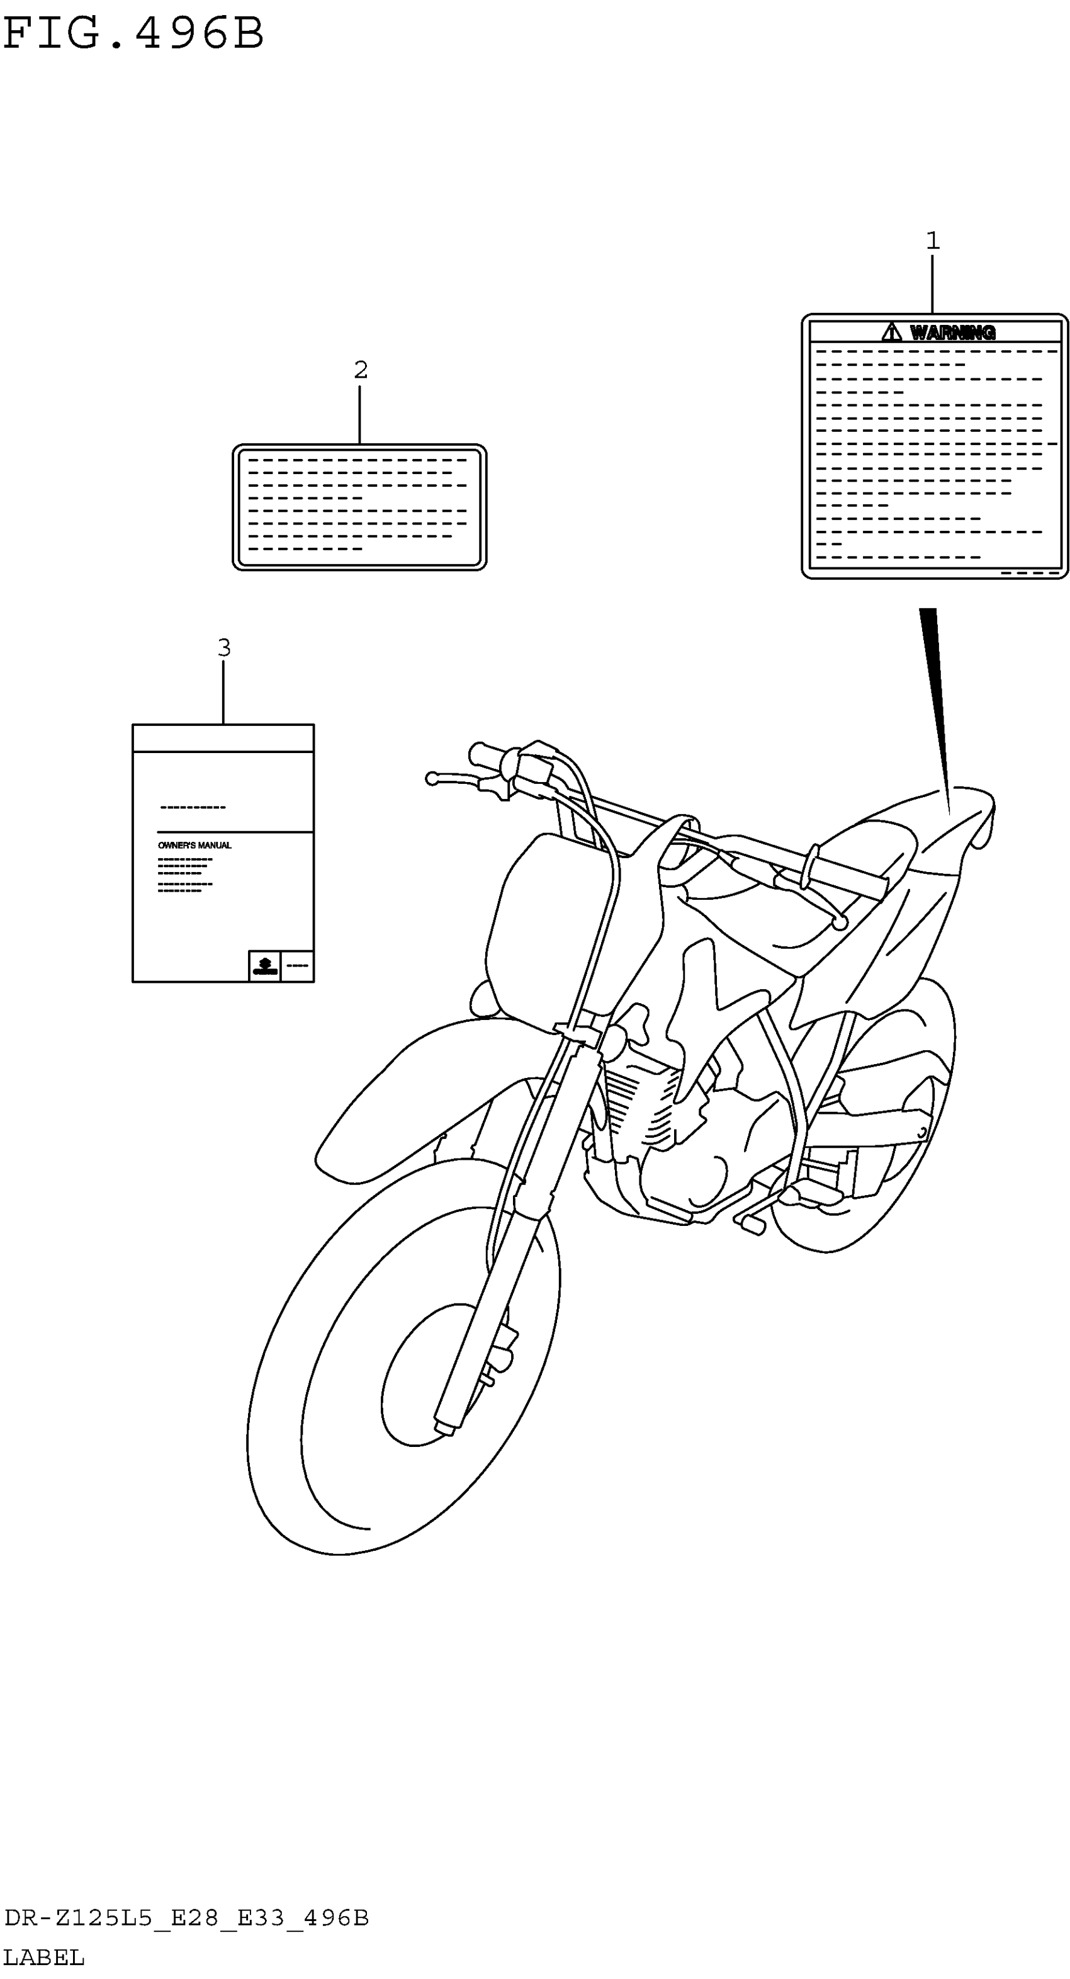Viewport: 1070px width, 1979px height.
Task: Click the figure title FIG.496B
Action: (133, 34)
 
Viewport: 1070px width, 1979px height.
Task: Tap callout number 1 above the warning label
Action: (933, 241)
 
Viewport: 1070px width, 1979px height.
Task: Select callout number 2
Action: (360, 370)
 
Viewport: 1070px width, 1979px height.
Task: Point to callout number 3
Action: (223, 648)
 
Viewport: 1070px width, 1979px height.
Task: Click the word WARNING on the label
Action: (952, 332)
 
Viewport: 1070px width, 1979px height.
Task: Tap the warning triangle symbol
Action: (891, 332)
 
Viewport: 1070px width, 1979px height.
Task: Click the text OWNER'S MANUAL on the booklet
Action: (194, 845)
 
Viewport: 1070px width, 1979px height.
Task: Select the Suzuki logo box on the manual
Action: (264, 966)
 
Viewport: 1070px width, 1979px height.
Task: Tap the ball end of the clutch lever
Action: (432, 779)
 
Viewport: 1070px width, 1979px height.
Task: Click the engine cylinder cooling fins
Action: (638, 1099)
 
